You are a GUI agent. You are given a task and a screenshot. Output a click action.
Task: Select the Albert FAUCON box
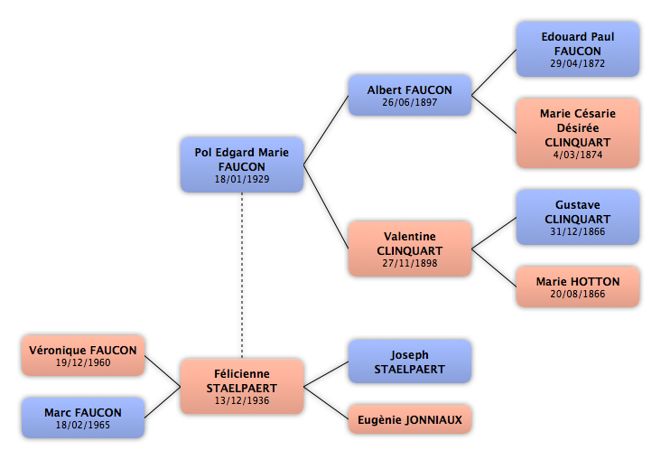[409, 95]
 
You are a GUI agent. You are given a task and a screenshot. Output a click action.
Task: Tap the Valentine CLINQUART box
[409, 249]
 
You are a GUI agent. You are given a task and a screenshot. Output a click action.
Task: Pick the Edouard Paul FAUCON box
[578, 49]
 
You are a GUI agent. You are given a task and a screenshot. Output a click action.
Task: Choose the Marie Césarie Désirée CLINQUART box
[578, 134]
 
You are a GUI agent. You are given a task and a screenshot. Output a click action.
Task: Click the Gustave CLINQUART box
[578, 218]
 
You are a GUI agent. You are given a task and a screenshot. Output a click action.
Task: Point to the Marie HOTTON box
[578, 286]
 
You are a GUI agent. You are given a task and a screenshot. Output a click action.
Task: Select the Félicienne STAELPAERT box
[241, 386]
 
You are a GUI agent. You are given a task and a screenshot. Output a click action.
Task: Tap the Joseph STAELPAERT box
[409, 361]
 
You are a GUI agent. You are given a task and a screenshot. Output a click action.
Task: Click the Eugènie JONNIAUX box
[409, 419]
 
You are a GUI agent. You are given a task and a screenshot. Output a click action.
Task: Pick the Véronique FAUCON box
[83, 355]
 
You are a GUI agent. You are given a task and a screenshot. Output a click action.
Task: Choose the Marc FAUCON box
[83, 418]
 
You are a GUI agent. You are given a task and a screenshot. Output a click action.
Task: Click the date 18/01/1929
[242, 179]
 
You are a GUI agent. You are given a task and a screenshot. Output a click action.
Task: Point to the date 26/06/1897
[409, 103]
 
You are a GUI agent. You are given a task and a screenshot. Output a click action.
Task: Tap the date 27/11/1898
[409, 263]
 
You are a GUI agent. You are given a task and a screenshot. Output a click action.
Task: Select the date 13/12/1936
[241, 400]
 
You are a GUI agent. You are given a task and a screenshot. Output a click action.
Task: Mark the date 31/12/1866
[578, 231]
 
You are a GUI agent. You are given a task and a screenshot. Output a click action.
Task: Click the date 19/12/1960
[83, 362]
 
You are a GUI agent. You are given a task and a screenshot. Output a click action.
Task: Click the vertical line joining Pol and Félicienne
[242, 276]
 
